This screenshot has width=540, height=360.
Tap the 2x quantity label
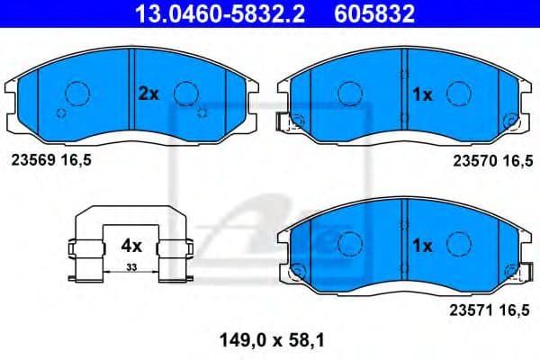(x=148, y=92)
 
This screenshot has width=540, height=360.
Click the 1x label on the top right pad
(x=423, y=92)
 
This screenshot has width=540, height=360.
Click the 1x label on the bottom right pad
(x=423, y=244)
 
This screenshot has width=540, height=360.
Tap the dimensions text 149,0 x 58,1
(x=270, y=341)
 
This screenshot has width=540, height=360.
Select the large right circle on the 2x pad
(x=185, y=93)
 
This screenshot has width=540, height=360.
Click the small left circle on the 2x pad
(x=60, y=112)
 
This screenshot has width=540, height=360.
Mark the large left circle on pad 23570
(x=348, y=92)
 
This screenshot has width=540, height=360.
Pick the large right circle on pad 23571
(x=460, y=243)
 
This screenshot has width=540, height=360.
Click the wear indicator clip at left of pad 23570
(x=292, y=123)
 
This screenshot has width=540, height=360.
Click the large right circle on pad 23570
(x=460, y=92)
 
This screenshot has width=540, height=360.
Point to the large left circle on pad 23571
(x=348, y=243)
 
